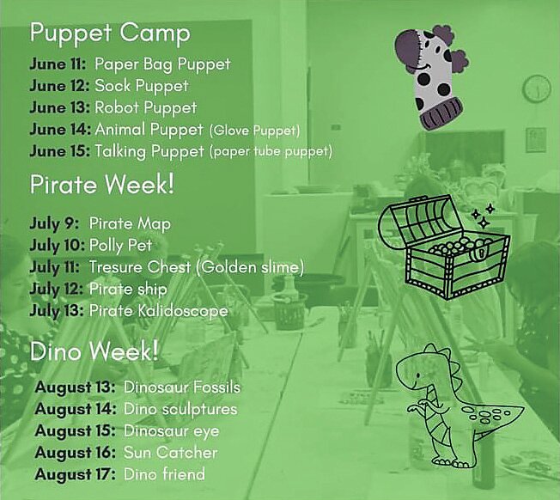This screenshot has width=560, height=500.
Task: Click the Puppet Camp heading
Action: tap(110, 34)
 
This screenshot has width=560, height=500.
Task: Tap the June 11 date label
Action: tap(58, 64)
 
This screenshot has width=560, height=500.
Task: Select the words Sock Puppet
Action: tap(142, 87)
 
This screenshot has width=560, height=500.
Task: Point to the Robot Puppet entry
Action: tap(146, 108)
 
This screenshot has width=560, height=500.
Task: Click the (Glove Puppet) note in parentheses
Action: tap(254, 131)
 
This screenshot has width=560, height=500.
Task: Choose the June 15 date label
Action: tap(59, 151)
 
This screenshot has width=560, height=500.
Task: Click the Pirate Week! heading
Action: tap(102, 185)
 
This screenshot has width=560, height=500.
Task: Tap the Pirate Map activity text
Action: tap(130, 224)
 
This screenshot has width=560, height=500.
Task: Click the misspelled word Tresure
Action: tap(117, 267)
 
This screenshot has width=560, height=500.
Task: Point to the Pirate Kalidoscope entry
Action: tap(159, 311)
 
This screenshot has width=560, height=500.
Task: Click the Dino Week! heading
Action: tap(94, 351)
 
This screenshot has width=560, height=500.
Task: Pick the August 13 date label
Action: tap(75, 387)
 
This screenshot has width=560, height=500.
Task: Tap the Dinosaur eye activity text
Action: tap(172, 431)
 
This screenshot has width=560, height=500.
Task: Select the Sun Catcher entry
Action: tap(171, 453)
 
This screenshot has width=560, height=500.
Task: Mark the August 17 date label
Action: tap(75, 474)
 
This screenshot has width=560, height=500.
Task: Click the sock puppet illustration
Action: tap(430, 76)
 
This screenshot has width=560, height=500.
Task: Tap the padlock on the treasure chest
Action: tap(480, 253)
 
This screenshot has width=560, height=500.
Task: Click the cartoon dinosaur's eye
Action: tap(417, 375)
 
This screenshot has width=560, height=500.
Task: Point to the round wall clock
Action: tap(537, 88)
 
